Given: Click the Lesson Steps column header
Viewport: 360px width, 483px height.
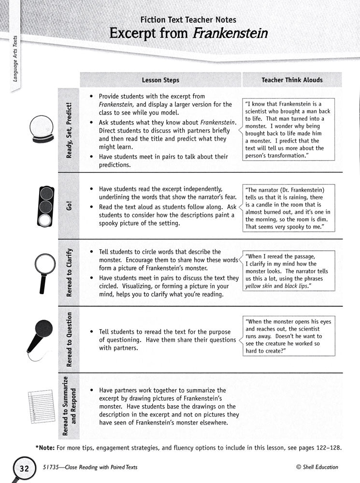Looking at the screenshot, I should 160,80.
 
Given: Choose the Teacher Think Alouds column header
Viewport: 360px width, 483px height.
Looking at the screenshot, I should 292,80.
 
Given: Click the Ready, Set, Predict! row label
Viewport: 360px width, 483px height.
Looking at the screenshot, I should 69,130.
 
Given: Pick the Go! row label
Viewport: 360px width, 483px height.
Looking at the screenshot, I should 69,206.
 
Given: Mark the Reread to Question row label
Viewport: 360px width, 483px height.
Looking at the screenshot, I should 69,340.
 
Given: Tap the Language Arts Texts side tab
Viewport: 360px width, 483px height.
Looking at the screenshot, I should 15,65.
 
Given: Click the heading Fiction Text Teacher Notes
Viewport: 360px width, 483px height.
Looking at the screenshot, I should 188,20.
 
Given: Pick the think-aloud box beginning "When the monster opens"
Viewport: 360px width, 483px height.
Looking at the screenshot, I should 289,336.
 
